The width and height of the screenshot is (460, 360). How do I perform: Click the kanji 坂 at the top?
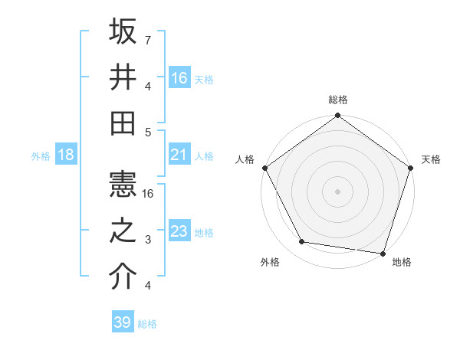point(123,32)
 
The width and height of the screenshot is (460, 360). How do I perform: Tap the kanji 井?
point(123,77)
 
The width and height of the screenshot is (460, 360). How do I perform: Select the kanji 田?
point(123,123)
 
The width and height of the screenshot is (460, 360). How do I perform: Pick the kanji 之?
point(123,231)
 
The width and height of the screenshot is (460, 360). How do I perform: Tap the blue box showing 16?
point(179,78)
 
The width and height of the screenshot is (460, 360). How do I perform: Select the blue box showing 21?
point(179,155)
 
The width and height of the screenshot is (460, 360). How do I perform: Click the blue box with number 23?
point(179,231)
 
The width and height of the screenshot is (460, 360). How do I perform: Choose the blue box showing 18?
point(66,155)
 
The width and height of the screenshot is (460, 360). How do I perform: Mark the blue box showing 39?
point(123,322)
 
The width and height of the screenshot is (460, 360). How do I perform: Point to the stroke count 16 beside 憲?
point(150,194)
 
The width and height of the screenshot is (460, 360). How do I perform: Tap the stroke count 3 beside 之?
point(148,240)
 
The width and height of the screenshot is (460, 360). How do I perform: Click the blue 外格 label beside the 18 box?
point(41,156)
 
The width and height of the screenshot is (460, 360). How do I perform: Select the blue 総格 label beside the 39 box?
point(148,324)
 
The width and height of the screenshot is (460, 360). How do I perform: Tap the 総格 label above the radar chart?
point(337,100)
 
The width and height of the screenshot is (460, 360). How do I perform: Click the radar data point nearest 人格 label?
point(265,168)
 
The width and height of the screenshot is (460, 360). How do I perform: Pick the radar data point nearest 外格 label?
point(302,242)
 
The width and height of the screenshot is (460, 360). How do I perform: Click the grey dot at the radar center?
point(337,191)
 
